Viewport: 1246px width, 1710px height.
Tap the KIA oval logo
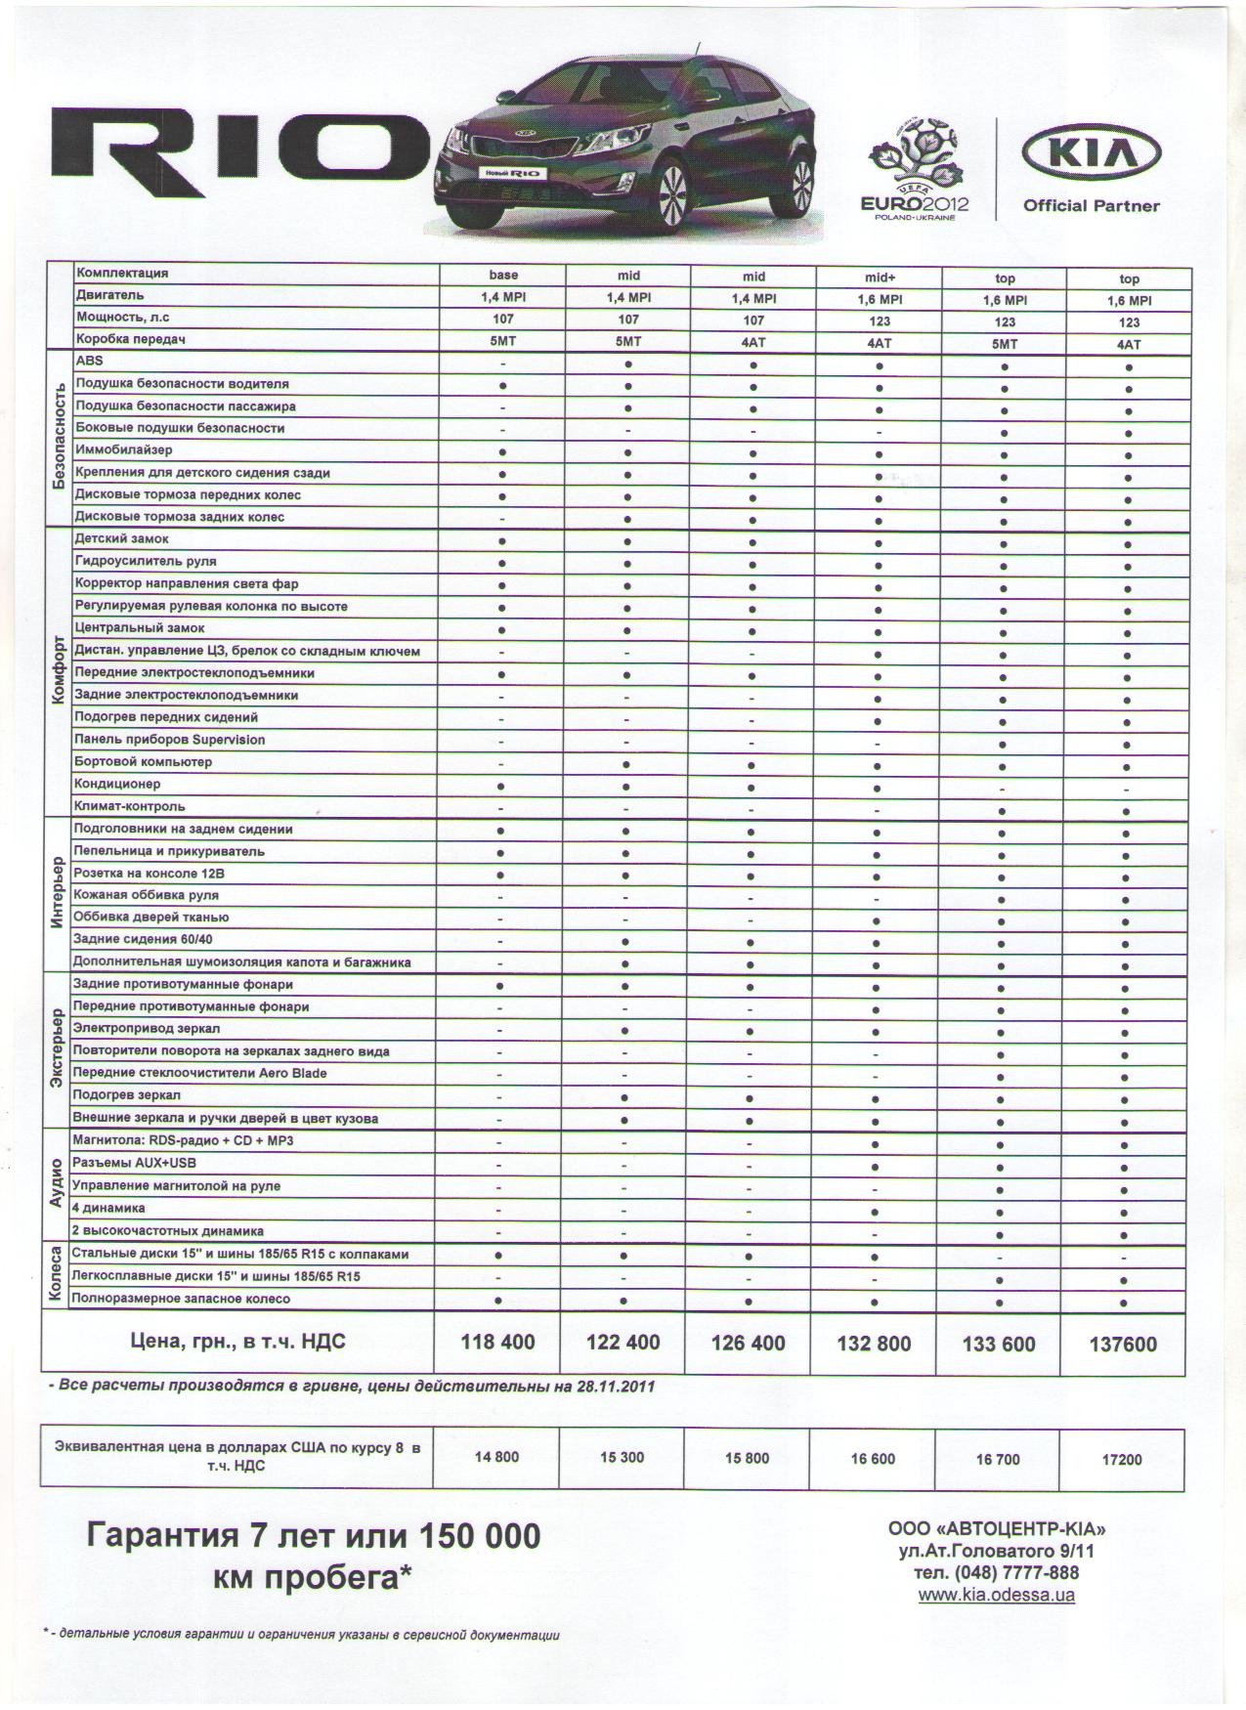[x=1091, y=153]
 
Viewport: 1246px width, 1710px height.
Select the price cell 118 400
[x=497, y=1343]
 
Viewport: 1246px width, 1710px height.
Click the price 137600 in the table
[x=1123, y=1345]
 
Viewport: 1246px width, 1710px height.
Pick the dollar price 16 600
[x=873, y=1459]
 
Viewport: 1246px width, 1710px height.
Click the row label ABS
[x=89, y=361]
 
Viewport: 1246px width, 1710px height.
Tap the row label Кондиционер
[x=117, y=784]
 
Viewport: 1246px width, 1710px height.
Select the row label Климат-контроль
[x=129, y=806]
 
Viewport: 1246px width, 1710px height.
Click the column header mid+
[x=880, y=278]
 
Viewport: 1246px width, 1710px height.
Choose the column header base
[x=503, y=276]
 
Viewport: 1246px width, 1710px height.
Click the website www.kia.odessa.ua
[x=997, y=1595]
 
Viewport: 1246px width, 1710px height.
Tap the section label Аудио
[x=56, y=1184]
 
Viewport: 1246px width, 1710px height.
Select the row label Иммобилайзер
[x=123, y=450]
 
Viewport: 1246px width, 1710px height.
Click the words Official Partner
[x=1091, y=206]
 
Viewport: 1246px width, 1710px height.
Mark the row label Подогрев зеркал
[x=126, y=1095]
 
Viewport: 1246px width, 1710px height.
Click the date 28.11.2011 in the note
[x=616, y=1386]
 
